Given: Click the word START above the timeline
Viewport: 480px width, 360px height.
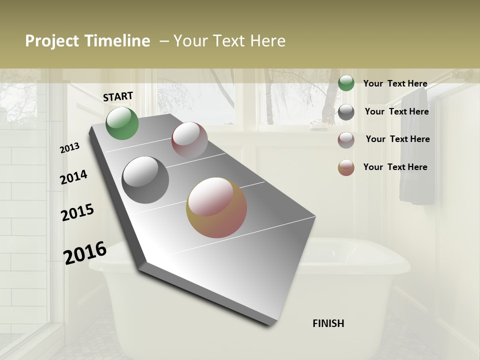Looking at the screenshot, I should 118,96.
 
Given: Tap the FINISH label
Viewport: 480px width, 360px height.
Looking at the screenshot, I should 328,323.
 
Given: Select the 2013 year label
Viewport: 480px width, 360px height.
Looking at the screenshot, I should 69,148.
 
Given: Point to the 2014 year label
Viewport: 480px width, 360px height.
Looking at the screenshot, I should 73,177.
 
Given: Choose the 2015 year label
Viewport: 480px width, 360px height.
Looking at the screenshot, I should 77,212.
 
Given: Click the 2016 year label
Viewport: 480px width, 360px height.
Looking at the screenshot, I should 85,253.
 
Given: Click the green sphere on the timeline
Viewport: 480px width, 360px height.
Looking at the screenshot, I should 122,123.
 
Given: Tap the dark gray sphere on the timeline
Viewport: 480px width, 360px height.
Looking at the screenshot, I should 145,180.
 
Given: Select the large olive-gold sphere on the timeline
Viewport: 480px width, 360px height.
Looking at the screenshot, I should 216,207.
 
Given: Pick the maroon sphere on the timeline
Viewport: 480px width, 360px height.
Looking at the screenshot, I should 189,140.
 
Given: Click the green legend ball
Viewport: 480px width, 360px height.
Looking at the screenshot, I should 346,83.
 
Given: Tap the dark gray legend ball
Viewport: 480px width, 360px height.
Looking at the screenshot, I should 346,112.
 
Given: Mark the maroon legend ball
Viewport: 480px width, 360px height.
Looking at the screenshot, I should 346,140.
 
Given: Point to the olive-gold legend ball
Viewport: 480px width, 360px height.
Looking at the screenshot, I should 346,167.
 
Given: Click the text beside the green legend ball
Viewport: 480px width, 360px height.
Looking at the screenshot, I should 395,83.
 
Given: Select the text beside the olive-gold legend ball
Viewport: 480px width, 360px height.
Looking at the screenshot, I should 395,167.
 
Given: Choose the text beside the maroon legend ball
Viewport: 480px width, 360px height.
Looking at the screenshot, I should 397,139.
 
